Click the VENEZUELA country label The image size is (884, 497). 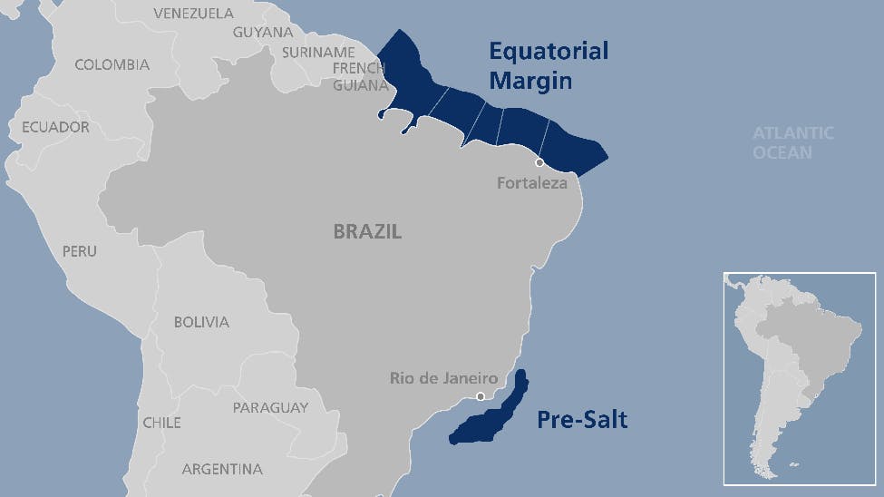pyautogui.click(x=193, y=13)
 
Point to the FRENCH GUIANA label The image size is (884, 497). pyautogui.click(x=360, y=77)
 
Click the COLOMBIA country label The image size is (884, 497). pyautogui.click(x=112, y=64)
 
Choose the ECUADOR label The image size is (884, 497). pyautogui.click(x=55, y=127)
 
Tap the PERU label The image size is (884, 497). pyautogui.click(x=79, y=250)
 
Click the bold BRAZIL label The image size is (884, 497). pyautogui.click(x=367, y=232)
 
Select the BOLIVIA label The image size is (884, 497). pyautogui.click(x=201, y=322)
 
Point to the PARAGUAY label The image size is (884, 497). pyautogui.click(x=270, y=407)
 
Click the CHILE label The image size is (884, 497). pyautogui.click(x=161, y=423)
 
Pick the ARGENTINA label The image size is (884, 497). pyautogui.click(x=222, y=469)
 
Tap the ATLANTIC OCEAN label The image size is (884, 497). pyautogui.click(x=792, y=142)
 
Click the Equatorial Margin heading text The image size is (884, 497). pyautogui.click(x=549, y=65)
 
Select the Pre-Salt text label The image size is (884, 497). pyautogui.click(x=581, y=420)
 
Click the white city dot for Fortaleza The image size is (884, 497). pyautogui.click(x=539, y=163)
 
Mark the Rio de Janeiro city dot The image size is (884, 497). pyautogui.click(x=481, y=396)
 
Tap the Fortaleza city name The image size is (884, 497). pyautogui.click(x=531, y=183)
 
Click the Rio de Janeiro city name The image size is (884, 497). pyautogui.click(x=444, y=377)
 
